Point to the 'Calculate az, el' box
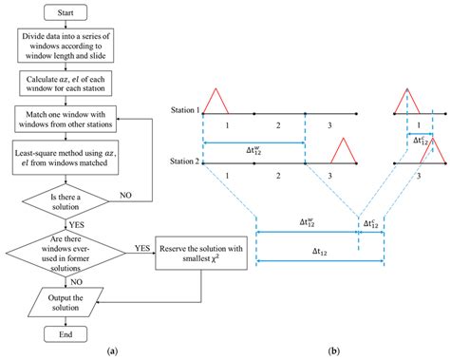pyautogui.click(x=65, y=87)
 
